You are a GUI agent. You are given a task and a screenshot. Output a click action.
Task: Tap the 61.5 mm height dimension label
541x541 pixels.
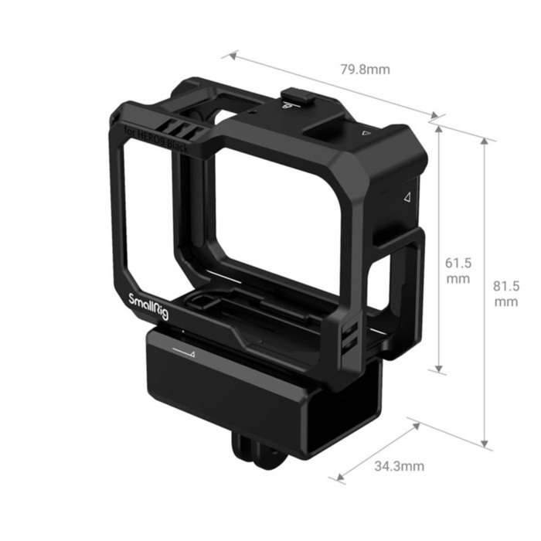[x=458, y=270]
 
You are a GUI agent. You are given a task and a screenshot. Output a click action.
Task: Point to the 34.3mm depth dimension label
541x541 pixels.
[x=399, y=466]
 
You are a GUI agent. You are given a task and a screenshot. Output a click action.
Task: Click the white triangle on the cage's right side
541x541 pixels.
[x=407, y=197]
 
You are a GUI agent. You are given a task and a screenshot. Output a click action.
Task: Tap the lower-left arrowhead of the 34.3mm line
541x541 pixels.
[x=339, y=479]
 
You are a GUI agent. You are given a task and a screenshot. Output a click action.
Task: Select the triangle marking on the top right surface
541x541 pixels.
[x=366, y=133]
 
